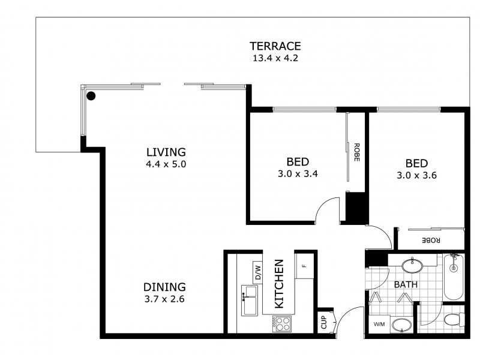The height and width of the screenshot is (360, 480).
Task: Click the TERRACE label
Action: click(x=275, y=46)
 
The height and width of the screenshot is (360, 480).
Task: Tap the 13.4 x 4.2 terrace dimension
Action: click(x=275, y=58)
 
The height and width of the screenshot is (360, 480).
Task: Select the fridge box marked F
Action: click(x=304, y=266)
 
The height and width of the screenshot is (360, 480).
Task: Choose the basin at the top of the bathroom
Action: click(x=413, y=264)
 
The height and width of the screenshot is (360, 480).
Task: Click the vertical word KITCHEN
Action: click(x=280, y=284)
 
